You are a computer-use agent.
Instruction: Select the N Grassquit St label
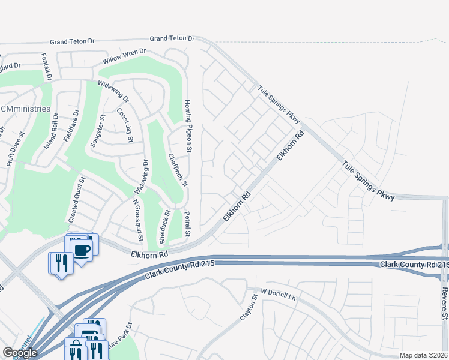click(x=139, y=220)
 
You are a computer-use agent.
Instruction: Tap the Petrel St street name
click(x=187, y=224)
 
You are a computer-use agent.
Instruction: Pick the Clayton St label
click(x=246, y=306)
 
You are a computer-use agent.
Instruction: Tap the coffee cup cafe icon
click(x=82, y=248)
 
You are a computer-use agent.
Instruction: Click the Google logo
click(x=19, y=353)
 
